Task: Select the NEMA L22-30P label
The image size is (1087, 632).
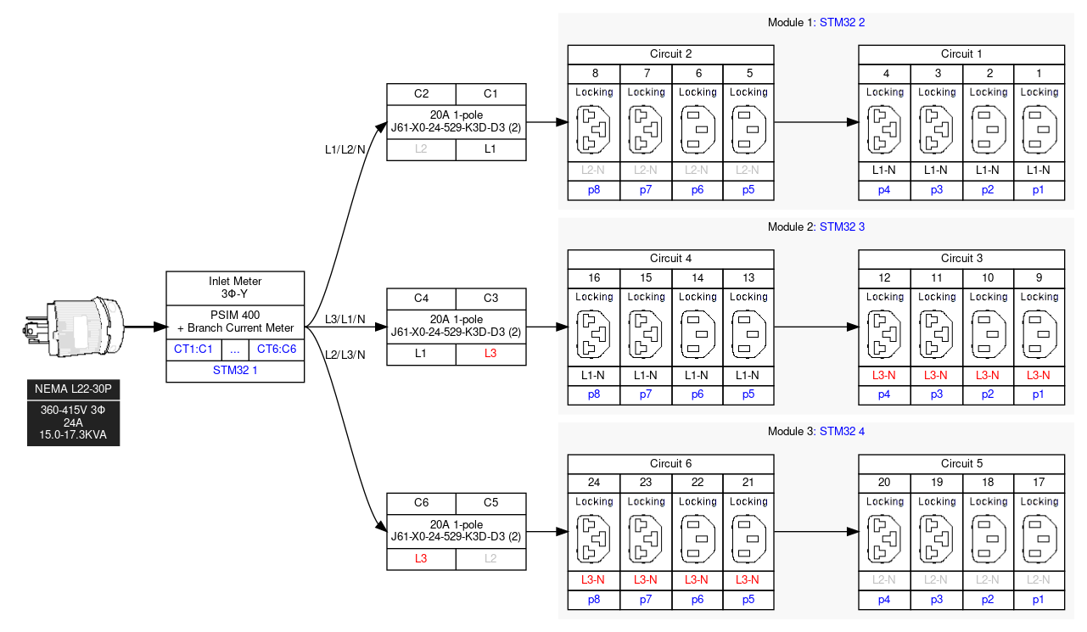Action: (x=72, y=389)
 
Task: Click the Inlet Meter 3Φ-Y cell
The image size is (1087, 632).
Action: (x=235, y=288)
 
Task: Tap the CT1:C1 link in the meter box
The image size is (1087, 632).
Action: (x=193, y=349)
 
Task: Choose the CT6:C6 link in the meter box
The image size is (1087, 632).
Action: (x=277, y=349)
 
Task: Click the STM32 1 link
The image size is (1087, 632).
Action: (x=235, y=370)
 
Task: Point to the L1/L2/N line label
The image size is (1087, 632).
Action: (x=345, y=149)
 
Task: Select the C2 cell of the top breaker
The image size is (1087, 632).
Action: (x=421, y=93)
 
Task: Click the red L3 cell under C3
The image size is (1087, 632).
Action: (x=490, y=354)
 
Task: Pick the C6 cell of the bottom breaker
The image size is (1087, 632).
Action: (x=421, y=502)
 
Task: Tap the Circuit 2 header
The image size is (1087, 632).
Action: (x=671, y=54)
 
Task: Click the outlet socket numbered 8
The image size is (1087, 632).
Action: (x=594, y=130)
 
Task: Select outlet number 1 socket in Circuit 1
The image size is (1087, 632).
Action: (x=1039, y=130)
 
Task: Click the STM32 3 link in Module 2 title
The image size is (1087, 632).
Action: (x=843, y=227)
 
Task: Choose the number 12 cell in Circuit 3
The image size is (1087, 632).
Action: (x=884, y=277)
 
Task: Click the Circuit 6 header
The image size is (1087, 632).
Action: (x=671, y=463)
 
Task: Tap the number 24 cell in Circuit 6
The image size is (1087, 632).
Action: (x=594, y=483)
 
